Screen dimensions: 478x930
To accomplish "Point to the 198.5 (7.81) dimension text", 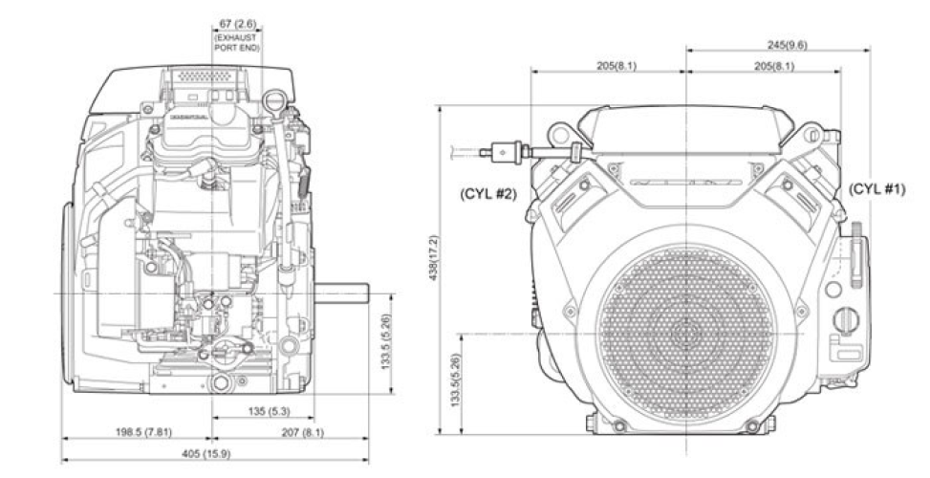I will [131, 432].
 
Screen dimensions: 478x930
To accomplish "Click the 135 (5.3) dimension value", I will [265, 412].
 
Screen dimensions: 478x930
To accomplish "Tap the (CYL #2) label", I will [491, 194].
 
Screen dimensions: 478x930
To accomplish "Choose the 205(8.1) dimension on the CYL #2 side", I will [608, 66].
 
